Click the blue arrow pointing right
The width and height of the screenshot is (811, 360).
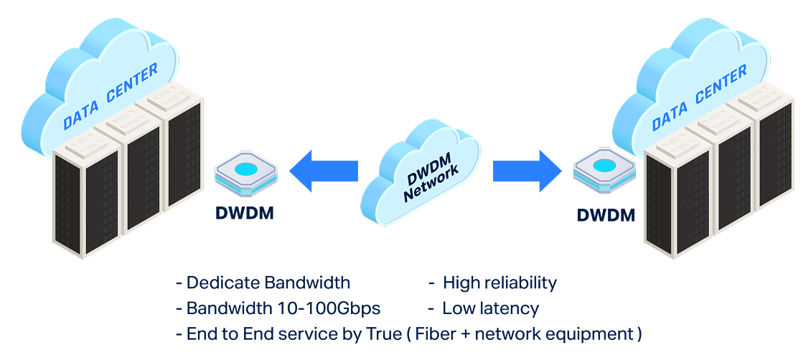527,171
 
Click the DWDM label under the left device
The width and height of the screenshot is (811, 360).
244,213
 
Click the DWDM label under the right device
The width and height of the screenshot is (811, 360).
606,214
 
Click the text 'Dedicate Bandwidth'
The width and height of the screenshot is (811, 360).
268,283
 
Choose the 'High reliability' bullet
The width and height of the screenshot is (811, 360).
500,283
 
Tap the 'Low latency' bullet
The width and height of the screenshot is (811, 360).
490,308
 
